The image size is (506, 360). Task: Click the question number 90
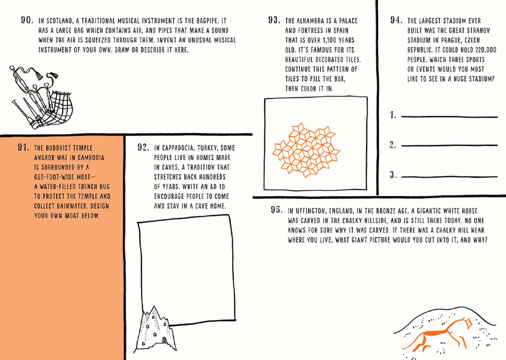(27, 21)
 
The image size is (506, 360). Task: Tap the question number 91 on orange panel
(24, 147)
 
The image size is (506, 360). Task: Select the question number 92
(143, 147)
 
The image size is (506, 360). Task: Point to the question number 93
(275, 21)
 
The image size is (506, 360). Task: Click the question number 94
(396, 21)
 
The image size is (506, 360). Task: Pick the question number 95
(277, 210)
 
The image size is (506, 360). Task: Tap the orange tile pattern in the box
(307, 150)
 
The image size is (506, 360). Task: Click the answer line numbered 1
(449, 117)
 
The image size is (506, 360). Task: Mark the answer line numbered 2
(449, 146)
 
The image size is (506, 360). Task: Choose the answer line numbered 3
(449, 177)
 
